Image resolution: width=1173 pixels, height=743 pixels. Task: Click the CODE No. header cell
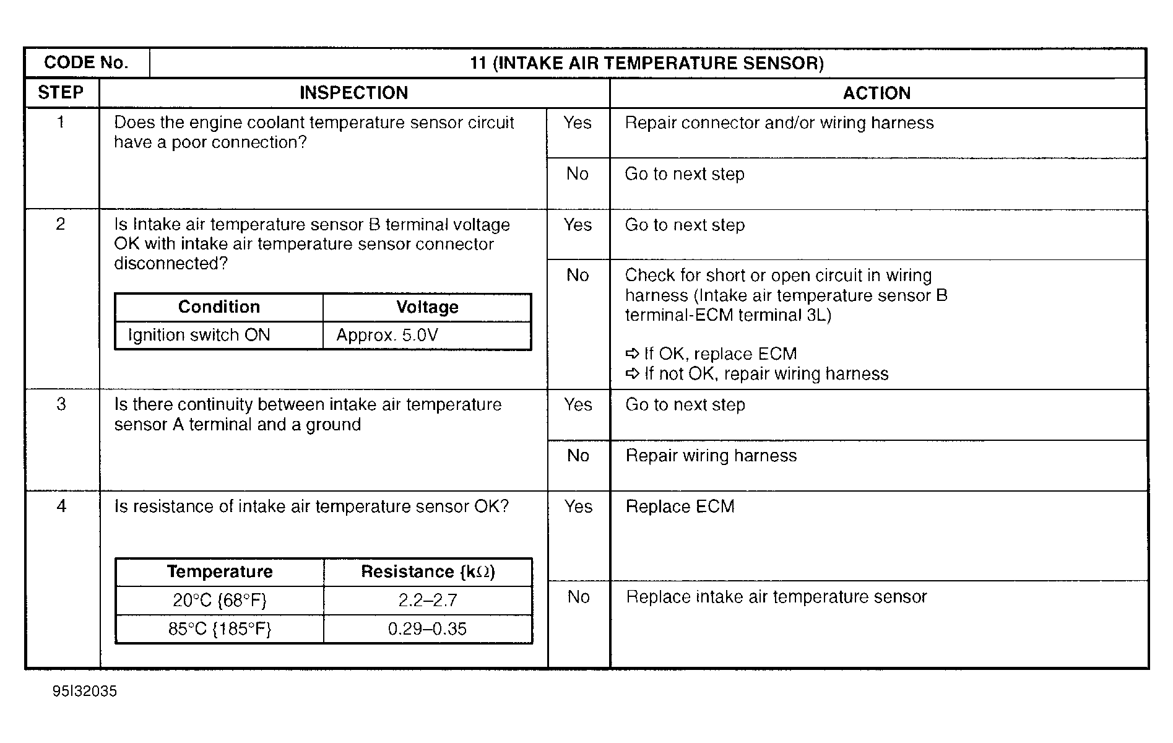[x=86, y=63]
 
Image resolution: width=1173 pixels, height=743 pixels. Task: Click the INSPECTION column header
[x=353, y=93]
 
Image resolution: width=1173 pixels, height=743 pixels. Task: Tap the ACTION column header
[x=877, y=93]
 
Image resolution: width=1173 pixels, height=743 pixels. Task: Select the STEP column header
[x=61, y=93]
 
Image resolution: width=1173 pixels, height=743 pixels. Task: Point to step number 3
[x=61, y=404]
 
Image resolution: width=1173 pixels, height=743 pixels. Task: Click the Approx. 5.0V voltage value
[x=387, y=336]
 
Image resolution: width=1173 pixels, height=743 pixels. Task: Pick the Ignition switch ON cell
[x=199, y=336]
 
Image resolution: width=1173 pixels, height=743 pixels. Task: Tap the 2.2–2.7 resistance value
[x=427, y=600]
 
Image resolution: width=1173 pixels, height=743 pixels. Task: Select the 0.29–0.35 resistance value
[x=427, y=629]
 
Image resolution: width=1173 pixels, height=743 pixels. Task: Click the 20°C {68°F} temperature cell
[x=220, y=600]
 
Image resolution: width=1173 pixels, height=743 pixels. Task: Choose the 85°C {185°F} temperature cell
[x=220, y=629]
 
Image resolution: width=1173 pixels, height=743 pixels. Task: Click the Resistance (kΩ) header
[x=428, y=571]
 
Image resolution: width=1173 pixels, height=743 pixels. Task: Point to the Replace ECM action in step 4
[x=680, y=506]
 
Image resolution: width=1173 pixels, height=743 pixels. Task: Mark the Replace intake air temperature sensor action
[x=776, y=597]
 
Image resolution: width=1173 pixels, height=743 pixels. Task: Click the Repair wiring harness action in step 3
[x=711, y=456]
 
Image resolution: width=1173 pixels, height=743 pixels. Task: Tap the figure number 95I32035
[x=85, y=692]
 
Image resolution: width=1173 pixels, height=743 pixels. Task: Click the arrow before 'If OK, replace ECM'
[x=632, y=354]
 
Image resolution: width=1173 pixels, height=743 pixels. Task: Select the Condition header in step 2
[x=219, y=307]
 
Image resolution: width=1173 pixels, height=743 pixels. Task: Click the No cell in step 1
[x=578, y=174]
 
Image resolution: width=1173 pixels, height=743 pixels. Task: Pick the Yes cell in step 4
[x=578, y=506]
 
